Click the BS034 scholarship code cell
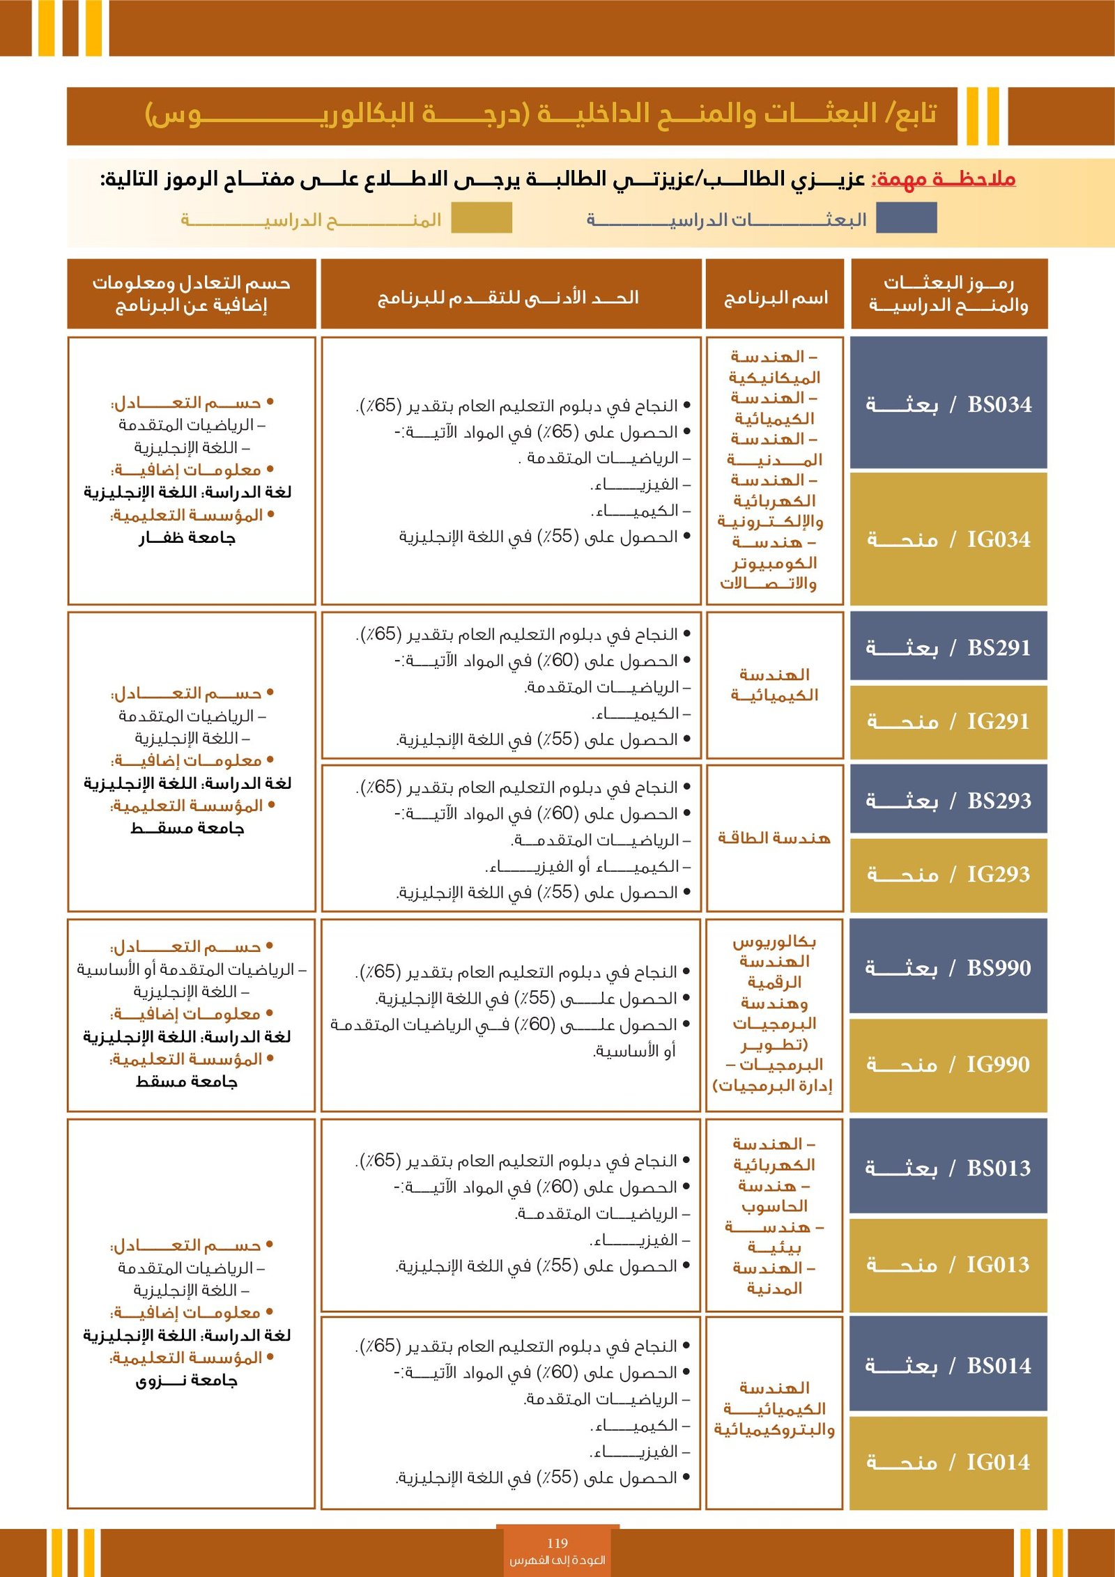(x=948, y=403)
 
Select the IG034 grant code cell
(x=948, y=539)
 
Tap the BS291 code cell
(x=948, y=647)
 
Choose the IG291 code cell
(x=948, y=721)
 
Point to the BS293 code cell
(x=948, y=800)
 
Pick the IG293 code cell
(x=948, y=874)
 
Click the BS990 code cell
(x=948, y=967)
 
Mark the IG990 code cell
(x=948, y=1064)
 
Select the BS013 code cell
(x=948, y=1167)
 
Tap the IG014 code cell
(x=948, y=1462)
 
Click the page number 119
(x=557, y=1543)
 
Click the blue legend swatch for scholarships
(x=906, y=217)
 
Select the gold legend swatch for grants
(x=482, y=217)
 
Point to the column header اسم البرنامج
(x=776, y=298)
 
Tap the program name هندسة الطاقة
(x=774, y=838)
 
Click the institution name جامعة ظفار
(x=187, y=537)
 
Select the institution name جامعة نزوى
(x=187, y=1380)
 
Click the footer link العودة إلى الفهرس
(x=557, y=1560)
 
